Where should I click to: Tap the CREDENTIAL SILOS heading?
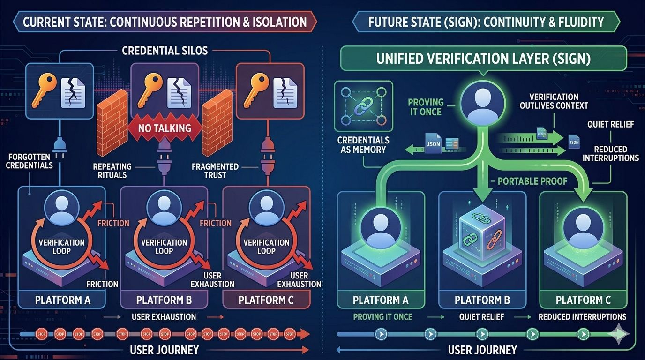(165, 50)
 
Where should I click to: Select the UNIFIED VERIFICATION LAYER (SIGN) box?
(483, 60)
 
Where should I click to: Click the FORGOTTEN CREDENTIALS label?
(30, 161)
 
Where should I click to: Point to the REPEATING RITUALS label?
(112, 171)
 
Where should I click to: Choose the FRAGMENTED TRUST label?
(215, 171)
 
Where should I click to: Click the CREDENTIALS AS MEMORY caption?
(364, 145)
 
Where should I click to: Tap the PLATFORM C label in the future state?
(583, 300)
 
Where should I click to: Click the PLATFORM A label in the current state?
(63, 300)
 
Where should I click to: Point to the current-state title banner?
(165, 22)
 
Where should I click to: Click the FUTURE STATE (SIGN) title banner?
(486, 22)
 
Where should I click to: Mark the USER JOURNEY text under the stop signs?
(164, 350)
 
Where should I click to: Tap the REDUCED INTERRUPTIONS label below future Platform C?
(582, 317)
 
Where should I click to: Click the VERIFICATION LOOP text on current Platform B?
(164, 247)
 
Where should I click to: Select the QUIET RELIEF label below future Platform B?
(481, 317)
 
